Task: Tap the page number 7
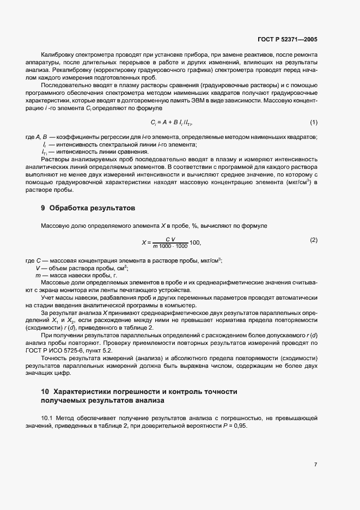(x=315, y=465)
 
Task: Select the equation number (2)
(x=314, y=240)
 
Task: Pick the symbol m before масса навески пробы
(x=38, y=276)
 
